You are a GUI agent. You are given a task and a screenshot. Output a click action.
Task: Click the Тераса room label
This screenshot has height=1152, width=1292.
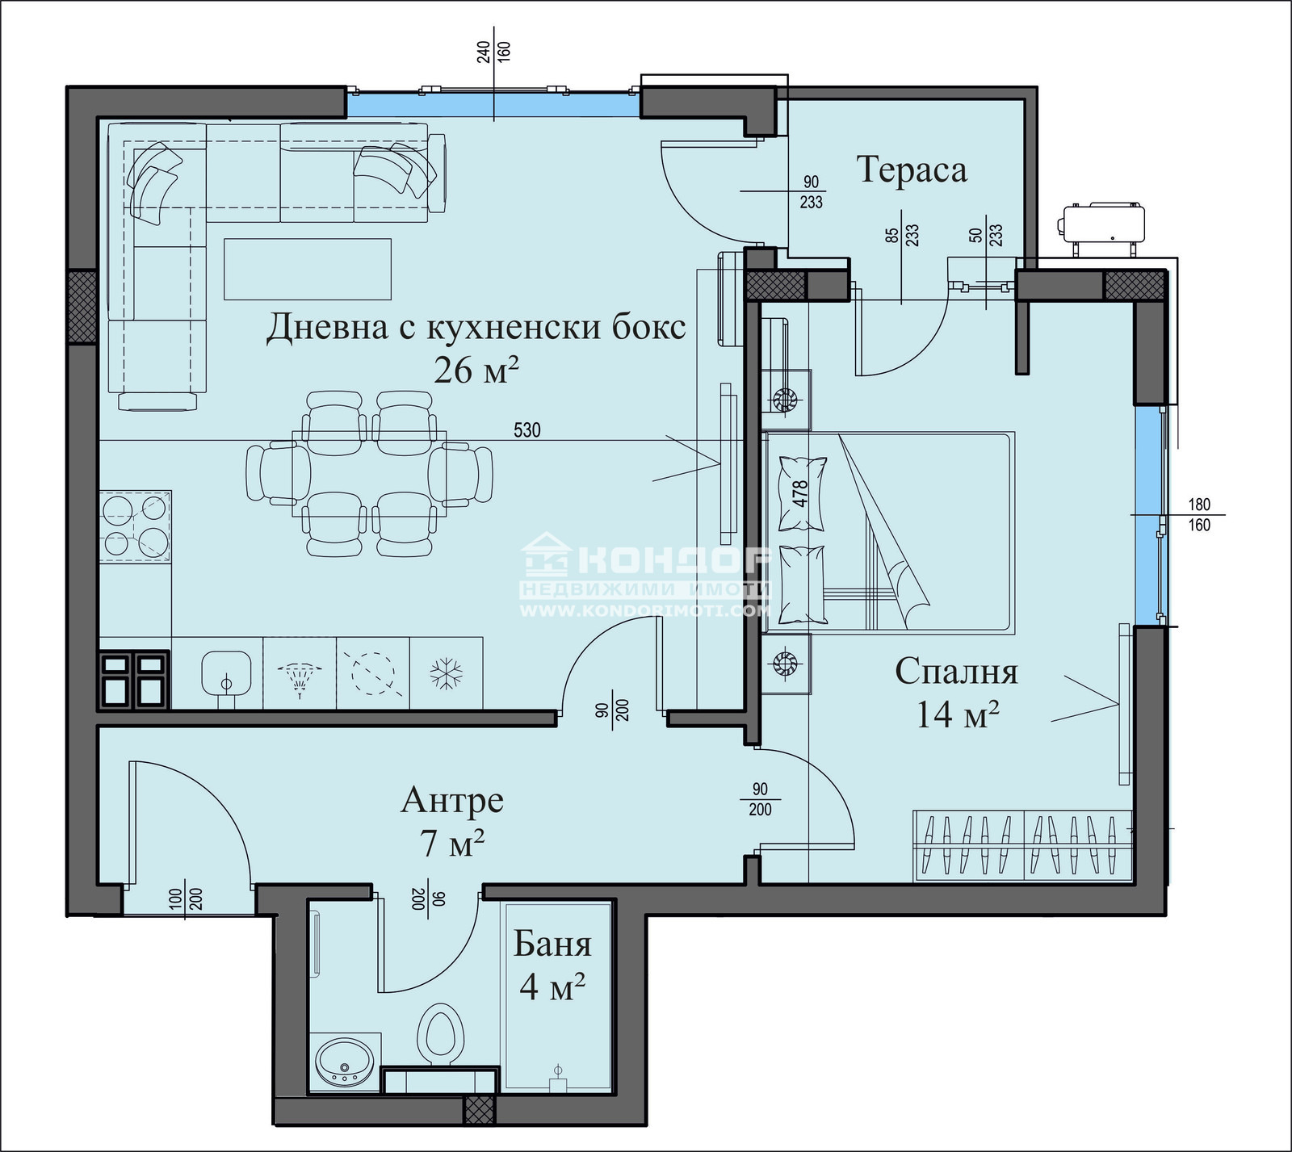coord(911,170)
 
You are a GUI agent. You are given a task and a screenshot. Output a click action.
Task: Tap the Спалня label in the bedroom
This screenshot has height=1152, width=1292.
coord(957,672)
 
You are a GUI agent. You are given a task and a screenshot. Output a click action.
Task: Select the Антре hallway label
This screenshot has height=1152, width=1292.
coord(452,800)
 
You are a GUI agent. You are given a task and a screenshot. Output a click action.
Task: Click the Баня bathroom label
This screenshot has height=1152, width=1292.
coord(553,944)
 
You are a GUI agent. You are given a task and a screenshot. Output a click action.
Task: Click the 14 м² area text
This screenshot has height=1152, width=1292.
coord(957,714)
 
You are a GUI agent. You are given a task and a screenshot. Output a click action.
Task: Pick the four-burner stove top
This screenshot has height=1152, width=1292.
coord(135,525)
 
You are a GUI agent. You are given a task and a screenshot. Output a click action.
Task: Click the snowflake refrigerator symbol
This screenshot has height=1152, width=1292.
coord(445,672)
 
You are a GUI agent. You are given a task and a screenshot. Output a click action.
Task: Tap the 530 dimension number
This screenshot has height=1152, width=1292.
coord(527,430)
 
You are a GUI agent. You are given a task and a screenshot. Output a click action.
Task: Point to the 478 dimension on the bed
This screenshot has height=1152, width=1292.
coord(800,493)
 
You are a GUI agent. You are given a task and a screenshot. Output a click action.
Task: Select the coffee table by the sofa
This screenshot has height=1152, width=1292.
coord(308,269)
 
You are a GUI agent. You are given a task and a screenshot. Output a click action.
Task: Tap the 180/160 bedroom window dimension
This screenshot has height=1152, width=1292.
coord(1199,515)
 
